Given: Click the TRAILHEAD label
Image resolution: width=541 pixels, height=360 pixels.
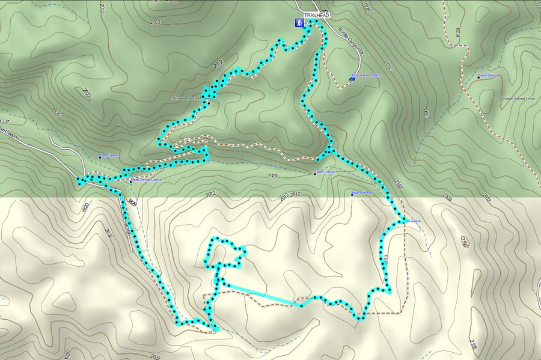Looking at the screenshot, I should pos(317,14).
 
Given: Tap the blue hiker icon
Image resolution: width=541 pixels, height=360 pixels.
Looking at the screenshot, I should pos(298,23).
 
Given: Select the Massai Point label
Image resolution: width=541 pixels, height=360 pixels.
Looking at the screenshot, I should pos(368,76).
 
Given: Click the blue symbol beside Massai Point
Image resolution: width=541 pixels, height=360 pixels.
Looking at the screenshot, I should pos(352,78).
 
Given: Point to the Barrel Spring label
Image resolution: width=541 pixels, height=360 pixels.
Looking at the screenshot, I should pos(489,76).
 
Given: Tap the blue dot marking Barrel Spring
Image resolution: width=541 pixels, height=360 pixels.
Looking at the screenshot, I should pos(478,76).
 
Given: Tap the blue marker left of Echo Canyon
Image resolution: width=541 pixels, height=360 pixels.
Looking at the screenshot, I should pos(100,157).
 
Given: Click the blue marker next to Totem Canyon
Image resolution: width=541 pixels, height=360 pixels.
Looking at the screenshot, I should pos(314,174).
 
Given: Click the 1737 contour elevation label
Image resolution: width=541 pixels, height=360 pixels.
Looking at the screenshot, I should pos(5,121).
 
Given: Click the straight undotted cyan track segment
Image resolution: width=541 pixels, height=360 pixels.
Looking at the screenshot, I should pos(259,294).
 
